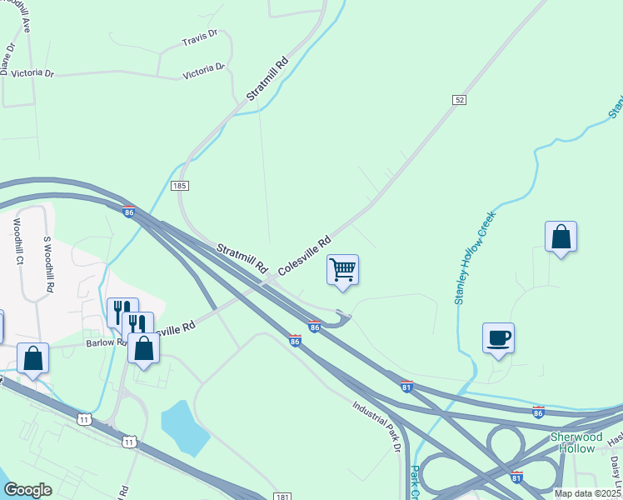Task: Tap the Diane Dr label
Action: [7, 57]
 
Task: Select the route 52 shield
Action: [459, 99]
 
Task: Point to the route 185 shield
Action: [179, 186]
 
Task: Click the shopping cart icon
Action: [342, 270]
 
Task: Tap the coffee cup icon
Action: [498, 338]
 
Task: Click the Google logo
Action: [27, 490]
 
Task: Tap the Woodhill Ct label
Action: [17, 242]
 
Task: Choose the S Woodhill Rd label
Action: [48, 264]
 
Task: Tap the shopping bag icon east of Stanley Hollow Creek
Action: [561, 237]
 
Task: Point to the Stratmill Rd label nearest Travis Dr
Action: [267, 79]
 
